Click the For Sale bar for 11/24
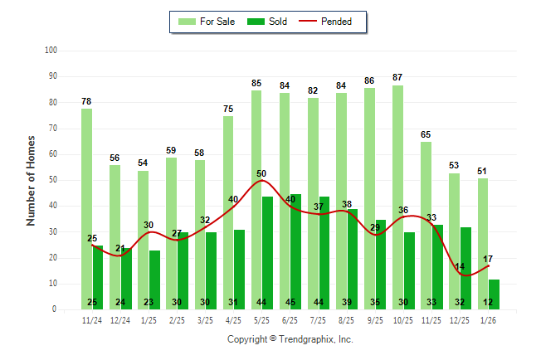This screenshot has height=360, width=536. pos(86,207)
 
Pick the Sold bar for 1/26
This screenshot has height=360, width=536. pos(495,294)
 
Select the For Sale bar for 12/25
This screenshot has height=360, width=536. pos(454,241)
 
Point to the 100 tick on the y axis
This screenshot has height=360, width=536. pos(51,51)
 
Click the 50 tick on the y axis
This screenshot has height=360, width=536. pos(52,180)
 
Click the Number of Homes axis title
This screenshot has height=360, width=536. pos(32,180)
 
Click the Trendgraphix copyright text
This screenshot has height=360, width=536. pos(290,339)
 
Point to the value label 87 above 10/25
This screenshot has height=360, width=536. pos(397,77)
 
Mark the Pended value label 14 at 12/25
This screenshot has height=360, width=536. pos(459,266)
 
